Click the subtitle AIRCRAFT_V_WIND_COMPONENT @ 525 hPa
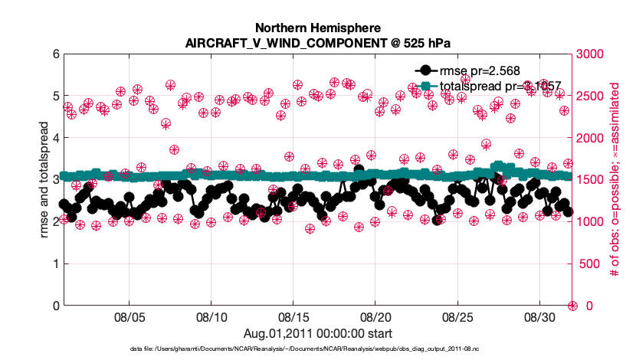point(317,43)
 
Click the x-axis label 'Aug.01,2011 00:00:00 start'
point(317,333)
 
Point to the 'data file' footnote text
point(317,349)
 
